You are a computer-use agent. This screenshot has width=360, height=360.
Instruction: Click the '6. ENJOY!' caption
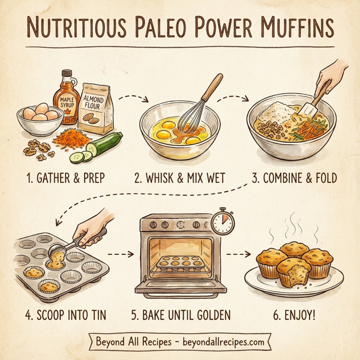[x=293, y=314]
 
